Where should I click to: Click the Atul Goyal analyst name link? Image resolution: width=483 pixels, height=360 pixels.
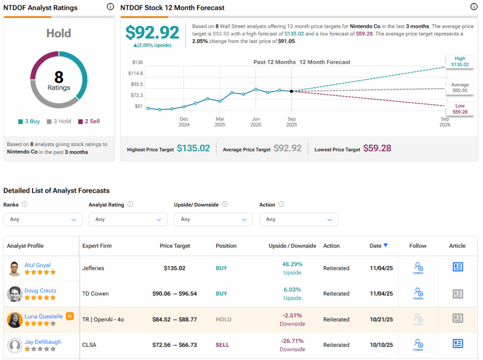[x=37, y=265]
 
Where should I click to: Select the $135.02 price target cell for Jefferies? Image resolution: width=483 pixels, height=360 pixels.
[x=175, y=268]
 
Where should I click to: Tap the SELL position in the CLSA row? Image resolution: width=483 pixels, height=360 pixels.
[x=222, y=345]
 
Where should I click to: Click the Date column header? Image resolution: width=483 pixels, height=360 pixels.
[x=376, y=245]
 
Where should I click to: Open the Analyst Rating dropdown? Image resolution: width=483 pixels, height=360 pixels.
[x=128, y=219]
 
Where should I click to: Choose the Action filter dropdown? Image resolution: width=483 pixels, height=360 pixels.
[x=299, y=219]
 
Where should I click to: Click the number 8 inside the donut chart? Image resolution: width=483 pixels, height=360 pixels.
[x=58, y=77]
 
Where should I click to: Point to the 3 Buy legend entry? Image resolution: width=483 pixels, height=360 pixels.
[x=29, y=121]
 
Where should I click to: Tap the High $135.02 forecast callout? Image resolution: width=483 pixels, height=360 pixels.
[x=459, y=62]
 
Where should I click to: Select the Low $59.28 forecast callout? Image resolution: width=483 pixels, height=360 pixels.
[x=459, y=109]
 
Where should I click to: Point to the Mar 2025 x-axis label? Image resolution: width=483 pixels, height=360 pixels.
[x=220, y=122]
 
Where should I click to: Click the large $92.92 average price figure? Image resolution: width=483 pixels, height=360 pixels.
[x=152, y=33]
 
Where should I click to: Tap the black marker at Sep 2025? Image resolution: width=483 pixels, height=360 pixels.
[x=291, y=91]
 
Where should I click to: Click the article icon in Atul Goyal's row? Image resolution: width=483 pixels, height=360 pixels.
[x=457, y=267]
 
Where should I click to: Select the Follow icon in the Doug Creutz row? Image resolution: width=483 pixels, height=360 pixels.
[x=418, y=294]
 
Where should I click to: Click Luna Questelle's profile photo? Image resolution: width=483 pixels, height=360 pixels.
[x=15, y=320]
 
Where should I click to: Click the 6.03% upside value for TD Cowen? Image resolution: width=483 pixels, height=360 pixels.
[x=292, y=290]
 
